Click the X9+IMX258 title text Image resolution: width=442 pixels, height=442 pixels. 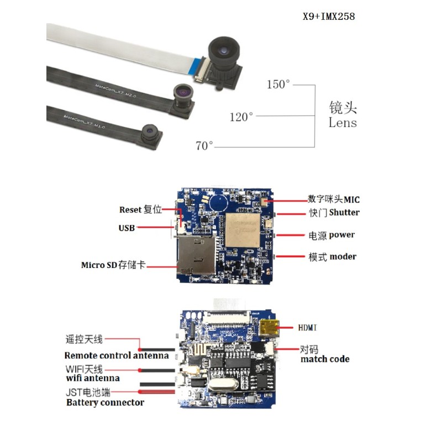coord(328,17)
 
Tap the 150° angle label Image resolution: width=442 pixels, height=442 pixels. coord(278,85)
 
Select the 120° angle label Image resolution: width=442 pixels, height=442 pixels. coord(241,117)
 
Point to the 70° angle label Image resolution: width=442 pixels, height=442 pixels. coord(204,146)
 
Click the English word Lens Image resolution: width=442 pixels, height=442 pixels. coord(343,123)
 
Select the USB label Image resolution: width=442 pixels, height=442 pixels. coord(127,228)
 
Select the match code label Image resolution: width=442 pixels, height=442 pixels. coord(324,359)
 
